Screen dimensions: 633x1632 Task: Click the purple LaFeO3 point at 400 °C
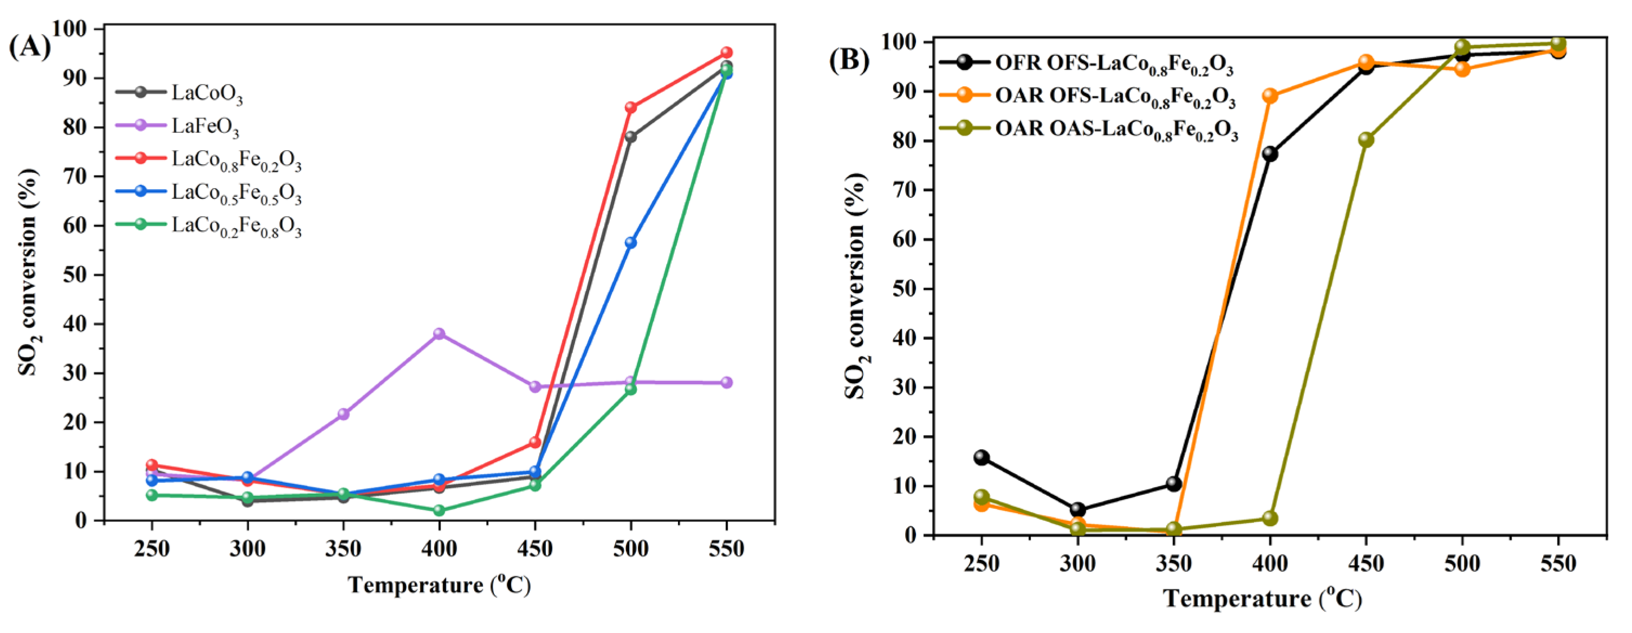click(439, 333)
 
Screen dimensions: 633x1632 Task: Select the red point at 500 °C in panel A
click(630, 107)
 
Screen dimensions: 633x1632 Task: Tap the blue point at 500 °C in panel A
click(630, 243)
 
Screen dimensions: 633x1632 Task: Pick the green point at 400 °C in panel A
click(439, 511)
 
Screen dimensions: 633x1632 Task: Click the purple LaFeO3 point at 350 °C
click(344, 414)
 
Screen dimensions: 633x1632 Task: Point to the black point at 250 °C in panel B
click(982, 457)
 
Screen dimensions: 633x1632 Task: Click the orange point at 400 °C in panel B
click(1269, 96)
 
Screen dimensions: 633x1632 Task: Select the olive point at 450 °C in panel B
click(1366, 139)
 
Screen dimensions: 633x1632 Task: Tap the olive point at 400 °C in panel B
click(1269, 518)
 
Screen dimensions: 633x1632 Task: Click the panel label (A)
click(29, 48)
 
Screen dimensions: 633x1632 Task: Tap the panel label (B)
click(849, 60)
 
